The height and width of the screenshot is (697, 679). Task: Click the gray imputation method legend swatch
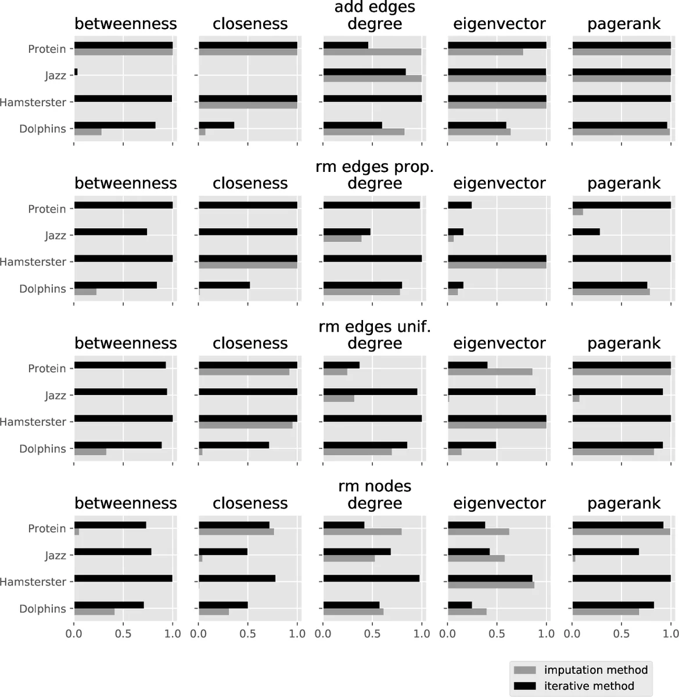525,670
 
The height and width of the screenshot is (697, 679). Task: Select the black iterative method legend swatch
525,686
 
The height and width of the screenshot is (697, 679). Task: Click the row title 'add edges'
375,8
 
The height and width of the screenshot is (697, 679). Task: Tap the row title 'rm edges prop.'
375,167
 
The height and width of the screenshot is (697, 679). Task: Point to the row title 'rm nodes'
375,486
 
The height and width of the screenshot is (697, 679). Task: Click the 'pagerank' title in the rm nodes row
624,503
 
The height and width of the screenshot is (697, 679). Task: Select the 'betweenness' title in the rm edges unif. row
125,343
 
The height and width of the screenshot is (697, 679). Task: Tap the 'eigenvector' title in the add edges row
500,24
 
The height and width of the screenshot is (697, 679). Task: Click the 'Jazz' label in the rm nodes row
56,555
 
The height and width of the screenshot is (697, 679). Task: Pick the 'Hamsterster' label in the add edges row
33,102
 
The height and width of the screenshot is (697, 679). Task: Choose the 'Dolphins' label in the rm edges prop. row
43,289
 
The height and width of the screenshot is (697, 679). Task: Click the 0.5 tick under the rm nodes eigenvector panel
497,633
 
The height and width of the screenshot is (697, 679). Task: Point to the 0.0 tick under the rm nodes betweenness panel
74,633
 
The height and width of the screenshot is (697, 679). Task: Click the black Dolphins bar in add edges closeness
216,125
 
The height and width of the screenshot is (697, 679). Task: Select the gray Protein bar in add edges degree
372,52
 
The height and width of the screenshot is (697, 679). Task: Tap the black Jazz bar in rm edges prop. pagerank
585,232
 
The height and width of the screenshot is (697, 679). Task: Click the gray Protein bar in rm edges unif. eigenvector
490,372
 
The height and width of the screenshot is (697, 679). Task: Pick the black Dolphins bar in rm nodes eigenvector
459,605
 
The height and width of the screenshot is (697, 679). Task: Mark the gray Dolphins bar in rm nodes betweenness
94,612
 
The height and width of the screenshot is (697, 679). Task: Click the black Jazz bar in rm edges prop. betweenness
110,232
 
